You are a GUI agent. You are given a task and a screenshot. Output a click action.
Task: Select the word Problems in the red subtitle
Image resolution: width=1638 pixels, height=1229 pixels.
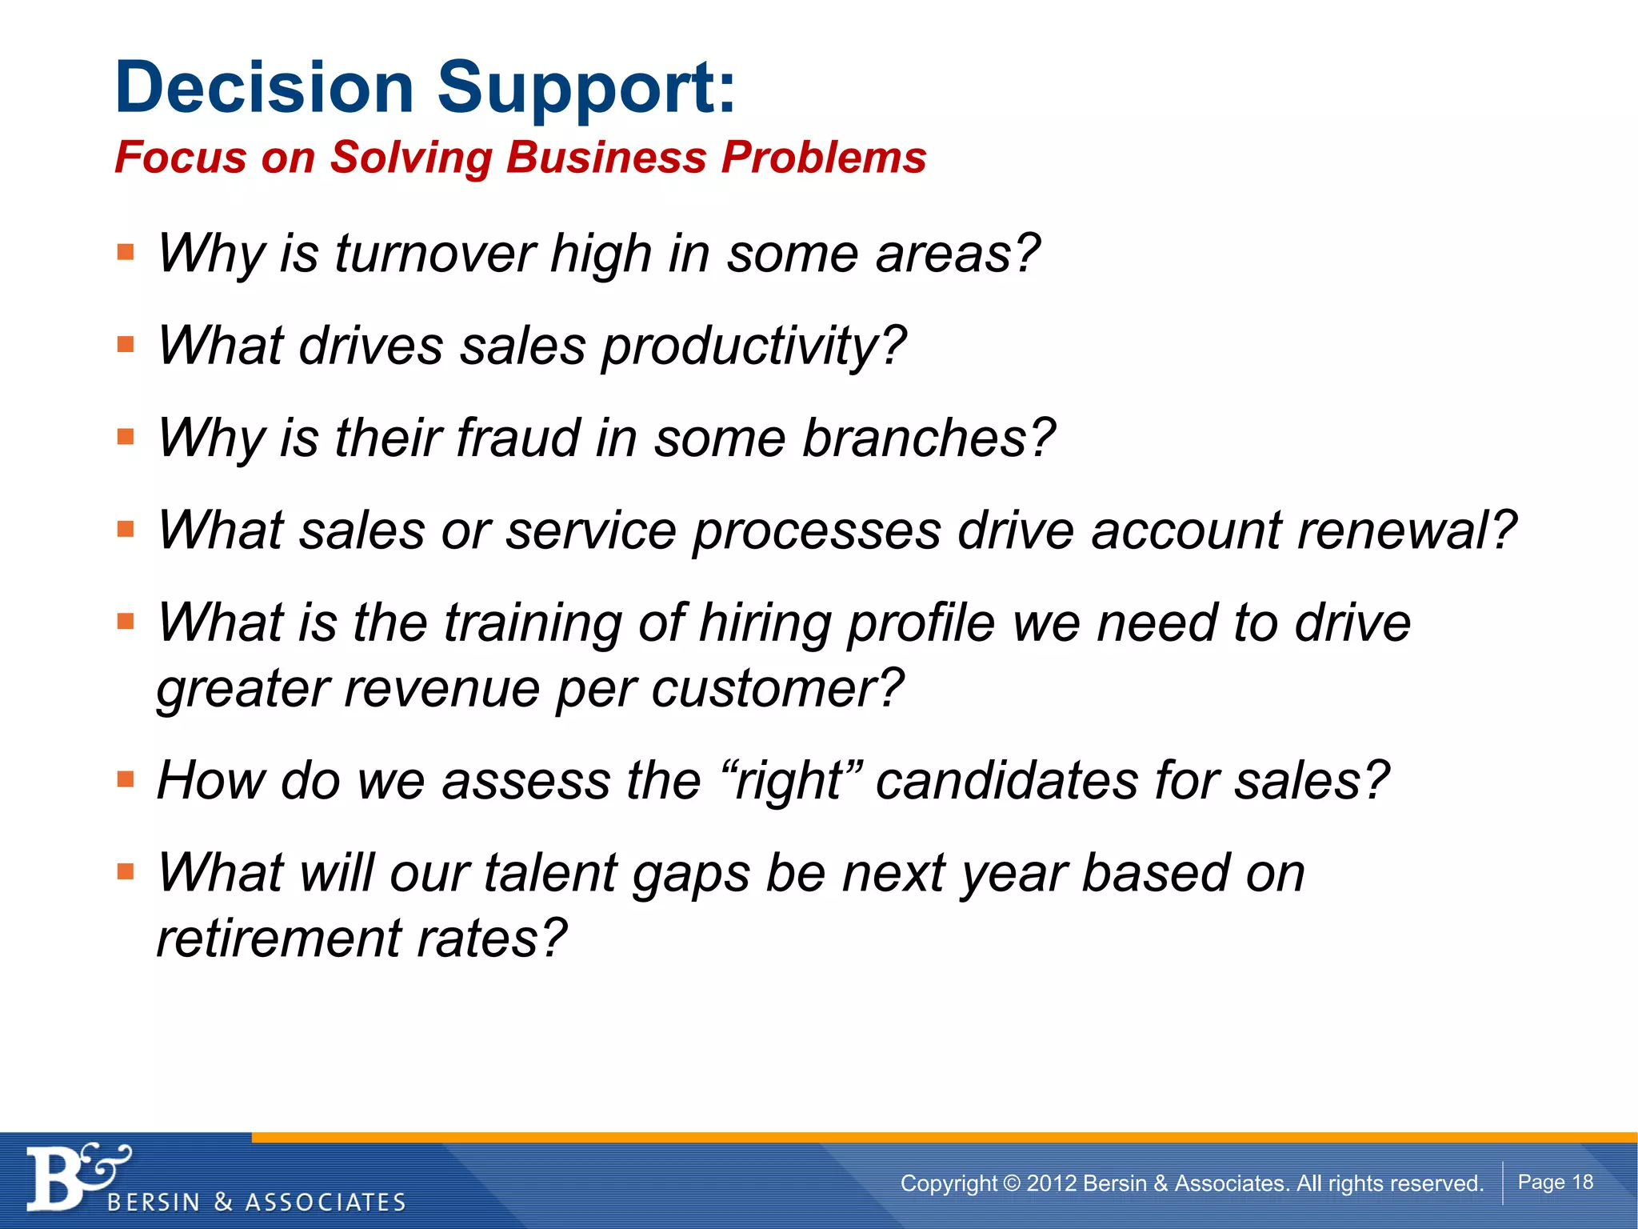tap(824, 157)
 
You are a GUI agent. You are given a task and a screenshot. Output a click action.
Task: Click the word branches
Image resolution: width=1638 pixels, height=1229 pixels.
tap(928, 438)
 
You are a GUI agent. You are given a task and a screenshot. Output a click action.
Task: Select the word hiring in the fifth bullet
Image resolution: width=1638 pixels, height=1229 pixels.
tap(765, 623)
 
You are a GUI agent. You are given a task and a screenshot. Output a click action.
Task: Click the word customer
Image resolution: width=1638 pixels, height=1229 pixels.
tap(776, 689)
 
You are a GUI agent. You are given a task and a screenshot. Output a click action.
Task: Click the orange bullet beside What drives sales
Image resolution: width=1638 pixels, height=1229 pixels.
tap(126, 345)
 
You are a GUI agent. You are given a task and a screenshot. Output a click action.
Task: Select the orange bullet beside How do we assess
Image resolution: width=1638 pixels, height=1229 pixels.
tap(126, 779)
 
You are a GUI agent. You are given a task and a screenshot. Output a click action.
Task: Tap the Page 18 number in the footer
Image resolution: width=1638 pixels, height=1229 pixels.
tap(1555, 1182)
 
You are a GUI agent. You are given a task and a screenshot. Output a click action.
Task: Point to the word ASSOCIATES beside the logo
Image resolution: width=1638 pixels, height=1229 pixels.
tap(326, 1203)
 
